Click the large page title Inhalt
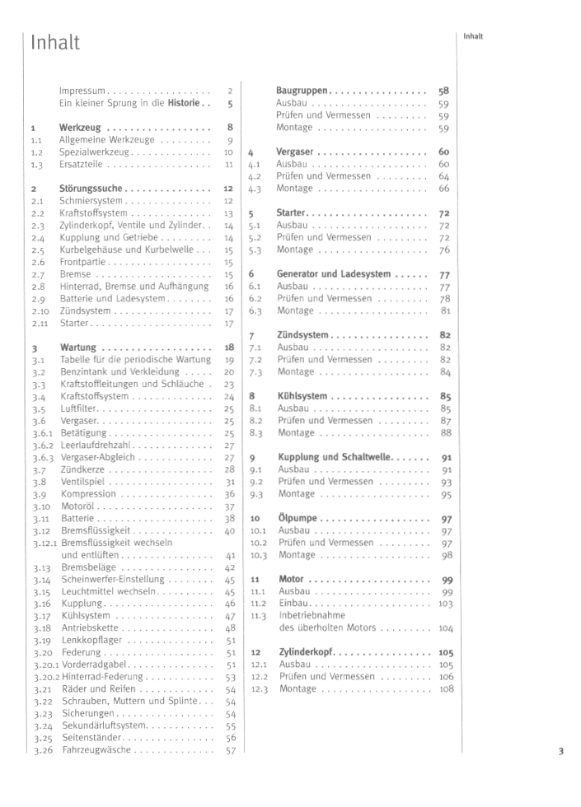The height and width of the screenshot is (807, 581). click(55, 44)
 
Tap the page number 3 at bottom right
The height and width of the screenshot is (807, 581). click(560, 751)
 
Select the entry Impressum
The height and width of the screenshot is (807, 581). click(82, 91)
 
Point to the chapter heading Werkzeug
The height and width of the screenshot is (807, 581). click(80, 128)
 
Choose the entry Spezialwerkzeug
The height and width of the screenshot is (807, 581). click(95, 152)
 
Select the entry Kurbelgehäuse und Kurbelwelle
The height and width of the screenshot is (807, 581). click(126, 250)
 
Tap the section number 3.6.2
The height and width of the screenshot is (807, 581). click(43, 445)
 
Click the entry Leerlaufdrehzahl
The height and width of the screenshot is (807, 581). click(97, 445)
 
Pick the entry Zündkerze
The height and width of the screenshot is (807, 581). click(83, 469)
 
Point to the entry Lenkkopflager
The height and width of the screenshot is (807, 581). click(93, 640)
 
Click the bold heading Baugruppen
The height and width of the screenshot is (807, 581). click(302, 91)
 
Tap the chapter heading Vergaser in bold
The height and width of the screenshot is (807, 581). click(295, 152)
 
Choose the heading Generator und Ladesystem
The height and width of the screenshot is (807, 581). click(333, 274)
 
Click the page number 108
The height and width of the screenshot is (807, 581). click(446, 688)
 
